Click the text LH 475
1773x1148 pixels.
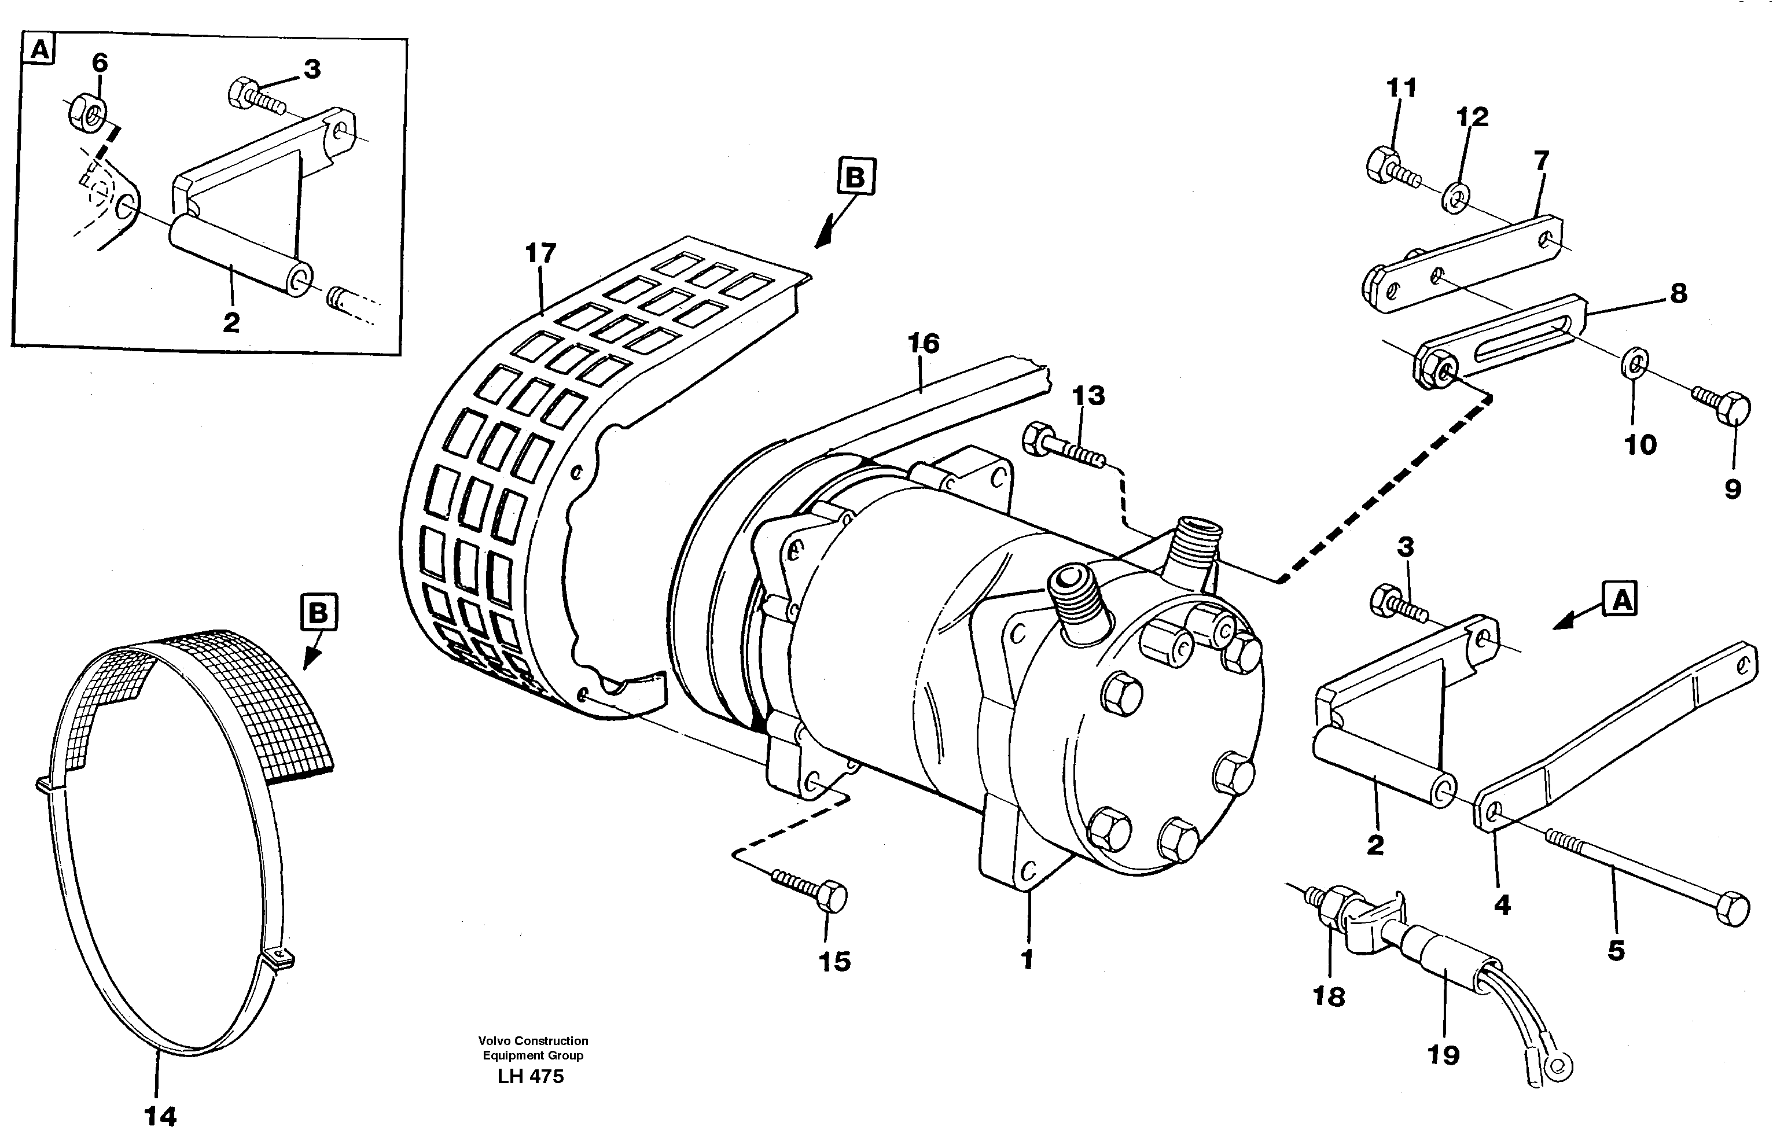coord(531,1076)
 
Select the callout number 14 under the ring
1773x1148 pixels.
coord(160,1116)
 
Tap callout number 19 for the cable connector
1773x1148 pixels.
coord(1443,1054)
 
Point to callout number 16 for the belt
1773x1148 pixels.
coord(923,344)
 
